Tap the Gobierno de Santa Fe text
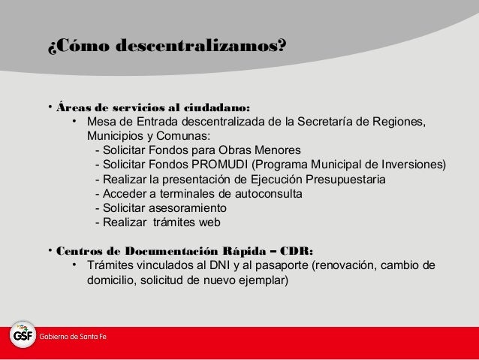tap(74, 335)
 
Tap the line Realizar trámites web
tap(162, 222)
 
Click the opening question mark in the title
tap(52, 46)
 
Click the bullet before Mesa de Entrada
tap(75, 123)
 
